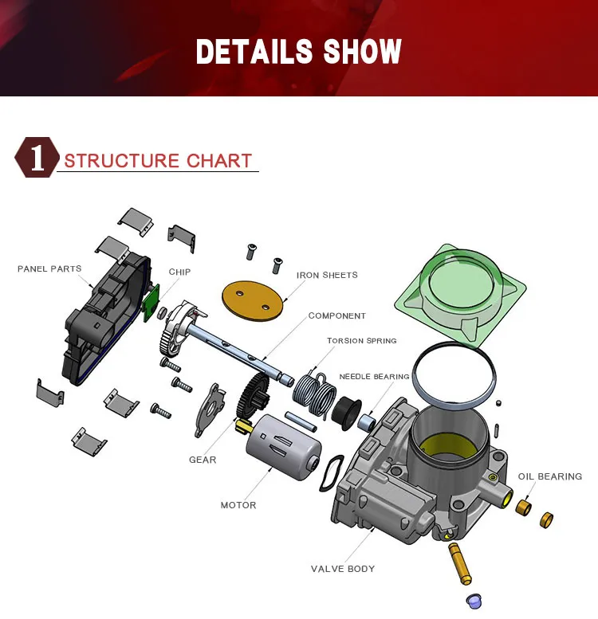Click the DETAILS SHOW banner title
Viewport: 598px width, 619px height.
tap(299, 51)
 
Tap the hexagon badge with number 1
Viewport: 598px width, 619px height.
tap(37, 157)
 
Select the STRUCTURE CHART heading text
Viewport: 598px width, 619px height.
tap(158, 161)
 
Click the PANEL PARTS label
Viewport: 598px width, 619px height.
tap(49, 268)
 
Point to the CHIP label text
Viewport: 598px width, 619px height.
tap(179, 272)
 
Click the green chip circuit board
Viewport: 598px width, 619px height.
tap(151, 303)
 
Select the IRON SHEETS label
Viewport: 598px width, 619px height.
tap(327, 275)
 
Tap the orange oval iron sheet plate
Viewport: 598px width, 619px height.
tap(253, 300)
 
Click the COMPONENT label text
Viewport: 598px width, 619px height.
tap(337, 315)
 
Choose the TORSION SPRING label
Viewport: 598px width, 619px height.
tap(362, 341)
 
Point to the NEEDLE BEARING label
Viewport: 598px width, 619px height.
tap(375, 377)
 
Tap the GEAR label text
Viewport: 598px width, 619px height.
tap(203, 460)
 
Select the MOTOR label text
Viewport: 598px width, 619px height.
tap(238, 505)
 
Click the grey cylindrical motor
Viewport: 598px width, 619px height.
tap(283, 446)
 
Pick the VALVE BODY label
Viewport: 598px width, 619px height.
tap(343, 569)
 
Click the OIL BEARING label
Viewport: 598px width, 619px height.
tap(550, 476)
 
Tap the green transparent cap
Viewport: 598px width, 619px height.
tap(461, 295)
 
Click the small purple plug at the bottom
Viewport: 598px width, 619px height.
tap(474, 601)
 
